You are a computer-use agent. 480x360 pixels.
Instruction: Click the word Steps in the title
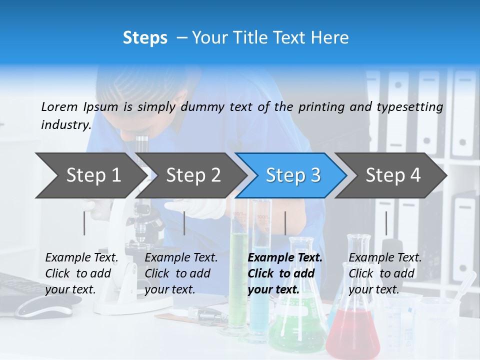145,38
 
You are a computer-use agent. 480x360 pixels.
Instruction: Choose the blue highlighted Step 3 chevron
292,175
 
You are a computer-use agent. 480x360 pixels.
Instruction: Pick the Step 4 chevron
392,175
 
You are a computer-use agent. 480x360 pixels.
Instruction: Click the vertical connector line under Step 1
84,223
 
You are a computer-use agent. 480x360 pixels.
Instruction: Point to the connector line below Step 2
184,223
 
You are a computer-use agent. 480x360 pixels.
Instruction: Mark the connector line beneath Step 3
285,223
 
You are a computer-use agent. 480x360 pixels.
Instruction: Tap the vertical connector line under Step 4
386,223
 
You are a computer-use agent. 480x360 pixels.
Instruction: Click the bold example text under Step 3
284,273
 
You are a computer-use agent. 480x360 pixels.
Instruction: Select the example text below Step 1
81,273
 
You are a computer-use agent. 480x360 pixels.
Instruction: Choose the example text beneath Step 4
384,273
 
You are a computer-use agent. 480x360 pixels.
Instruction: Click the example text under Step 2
181,273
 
